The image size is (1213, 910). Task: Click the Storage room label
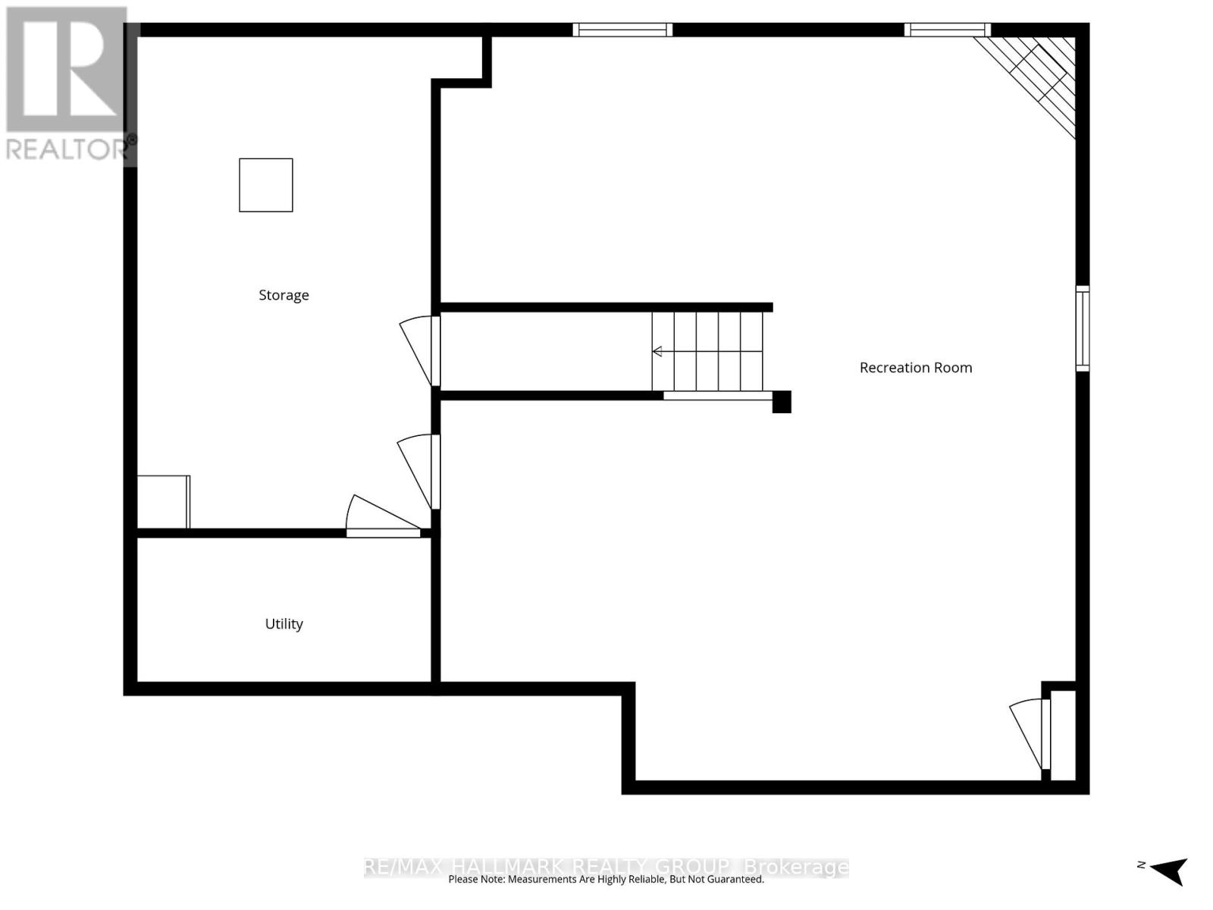(284, 295)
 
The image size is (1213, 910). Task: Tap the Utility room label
(284, 624)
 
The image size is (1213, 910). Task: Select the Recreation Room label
(915, 368)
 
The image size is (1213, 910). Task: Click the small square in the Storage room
(266, 185)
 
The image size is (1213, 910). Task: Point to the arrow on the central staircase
(657, 351)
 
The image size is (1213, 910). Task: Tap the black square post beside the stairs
(782, 402)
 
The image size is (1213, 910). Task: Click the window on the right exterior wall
(1083, 328)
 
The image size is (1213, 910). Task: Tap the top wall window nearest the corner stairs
(947, 30)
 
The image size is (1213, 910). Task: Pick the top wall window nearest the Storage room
(622, 30)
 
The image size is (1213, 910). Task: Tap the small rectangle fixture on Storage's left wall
(163, 501)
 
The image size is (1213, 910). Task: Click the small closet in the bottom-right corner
(1063, 734)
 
